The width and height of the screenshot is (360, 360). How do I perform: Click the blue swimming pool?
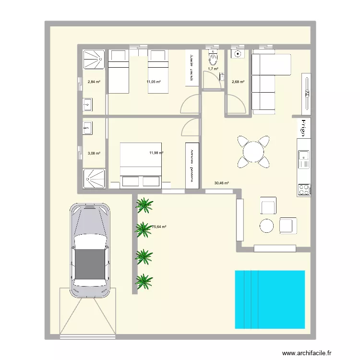(x=270, y=300)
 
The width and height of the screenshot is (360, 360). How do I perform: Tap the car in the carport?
(x=90, y=250)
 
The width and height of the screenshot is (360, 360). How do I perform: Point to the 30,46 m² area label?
(x=221, y=183)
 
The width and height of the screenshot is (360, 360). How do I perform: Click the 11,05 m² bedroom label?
(x=154, y=82)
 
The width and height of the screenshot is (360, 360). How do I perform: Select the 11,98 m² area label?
(x=156, y=153)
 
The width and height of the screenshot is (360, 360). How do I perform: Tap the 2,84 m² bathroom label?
(x=94, y=82)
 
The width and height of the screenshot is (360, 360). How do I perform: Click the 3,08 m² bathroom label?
(x=94, y=154)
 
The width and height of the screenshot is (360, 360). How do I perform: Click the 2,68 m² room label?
(x=238, y=82)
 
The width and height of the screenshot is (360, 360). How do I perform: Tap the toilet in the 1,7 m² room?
(x=212, y=58)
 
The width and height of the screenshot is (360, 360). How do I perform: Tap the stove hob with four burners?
(x=304, y=189)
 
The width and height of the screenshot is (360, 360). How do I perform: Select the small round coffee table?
(x=266, y=225)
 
